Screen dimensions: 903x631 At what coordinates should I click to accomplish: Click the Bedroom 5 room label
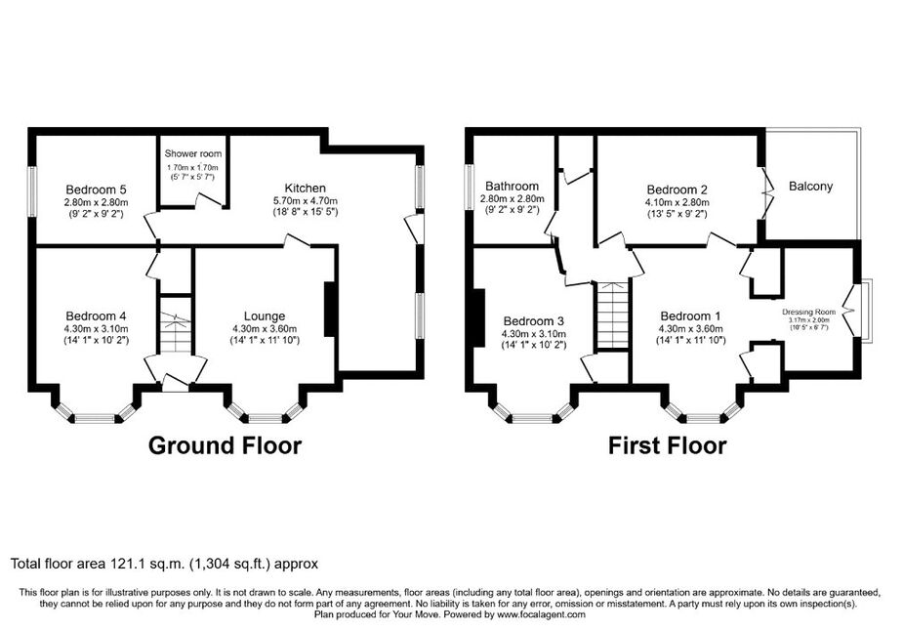pyautogui.click(x=97, y=189)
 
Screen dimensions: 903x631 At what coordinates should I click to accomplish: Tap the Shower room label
pyautogui.click(x=193, y=153)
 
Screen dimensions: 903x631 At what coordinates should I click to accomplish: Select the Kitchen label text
pyautogui.click(x=306, y=188)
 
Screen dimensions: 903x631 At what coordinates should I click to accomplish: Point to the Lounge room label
pyautogui.click(x=265, y=315)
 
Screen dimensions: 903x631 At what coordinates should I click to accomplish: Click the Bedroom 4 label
pyautogui.click(x=97, y=315)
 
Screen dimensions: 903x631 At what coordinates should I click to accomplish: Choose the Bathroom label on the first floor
pyautogui.click(x=512, y=187)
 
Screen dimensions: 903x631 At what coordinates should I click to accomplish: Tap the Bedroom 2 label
pyautogui.click(x=677, y=189)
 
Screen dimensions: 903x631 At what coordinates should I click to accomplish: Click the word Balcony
pyautogui.click(x=811, y=187)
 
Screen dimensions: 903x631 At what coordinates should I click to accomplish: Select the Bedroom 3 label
pyautogui.click(x=534, y=321)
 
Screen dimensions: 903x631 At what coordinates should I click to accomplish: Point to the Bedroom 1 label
pyautogui.click(x=690, y=315)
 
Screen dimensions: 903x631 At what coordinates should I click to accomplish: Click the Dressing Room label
pyautogui.click(x=808, y=312)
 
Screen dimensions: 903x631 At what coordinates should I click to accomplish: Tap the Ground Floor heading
pyautogui.click(x=225, y=445)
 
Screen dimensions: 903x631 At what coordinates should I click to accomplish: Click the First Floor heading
pyautogui.click(x=668, y=445)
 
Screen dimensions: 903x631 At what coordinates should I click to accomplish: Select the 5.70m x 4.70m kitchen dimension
pyautogui.click(x=306, y=201)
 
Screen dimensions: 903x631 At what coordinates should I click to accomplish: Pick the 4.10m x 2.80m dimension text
pyautogui.click(x=677, y=202)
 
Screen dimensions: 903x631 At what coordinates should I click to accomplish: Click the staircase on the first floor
pyautogui.click(x=613, y=315)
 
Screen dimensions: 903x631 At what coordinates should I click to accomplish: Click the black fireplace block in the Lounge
pyautogui.click(x=330, y=309)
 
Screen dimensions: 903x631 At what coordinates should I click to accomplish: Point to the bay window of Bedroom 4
pyautogui.click(x=96, y=414)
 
